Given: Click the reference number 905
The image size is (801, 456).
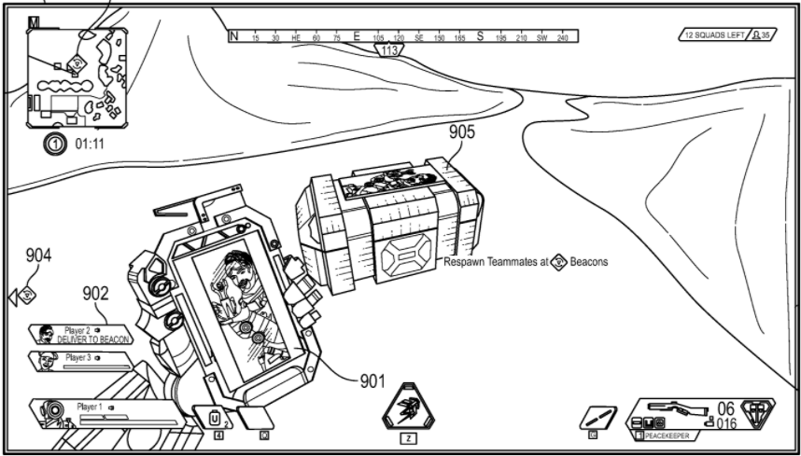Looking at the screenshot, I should pyautogui.click(x=461, y=132).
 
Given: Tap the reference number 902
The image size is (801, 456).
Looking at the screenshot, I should pyautogui.click(x=95, y=294).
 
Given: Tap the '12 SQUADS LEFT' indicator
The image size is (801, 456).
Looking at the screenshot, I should pyautogui.click(x=714, y=35).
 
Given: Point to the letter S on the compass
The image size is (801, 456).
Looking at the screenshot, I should pyautogui.click(x=480, y=36).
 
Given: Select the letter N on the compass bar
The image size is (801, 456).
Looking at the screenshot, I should pyautogui.click(x=235, y=36).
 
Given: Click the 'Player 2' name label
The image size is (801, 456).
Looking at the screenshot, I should pyautogui.click(x=77, y=329).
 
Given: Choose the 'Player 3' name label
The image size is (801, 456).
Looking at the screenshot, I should pyautogui.click(x=77, y=357).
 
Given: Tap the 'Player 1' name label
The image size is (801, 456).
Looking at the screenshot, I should pyautogui.click(x=90, y=407).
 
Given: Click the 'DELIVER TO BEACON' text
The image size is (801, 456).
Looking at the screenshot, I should pyautogui.click(x=92, y=339).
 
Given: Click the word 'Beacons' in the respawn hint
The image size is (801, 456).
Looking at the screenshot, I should pyautogui.click(x=590, y=262).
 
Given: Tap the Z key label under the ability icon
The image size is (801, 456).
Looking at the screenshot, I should pyautogui.click(x=408, y=437).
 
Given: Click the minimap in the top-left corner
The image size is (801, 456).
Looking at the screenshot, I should pyautogui.click(x=77, y=74).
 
